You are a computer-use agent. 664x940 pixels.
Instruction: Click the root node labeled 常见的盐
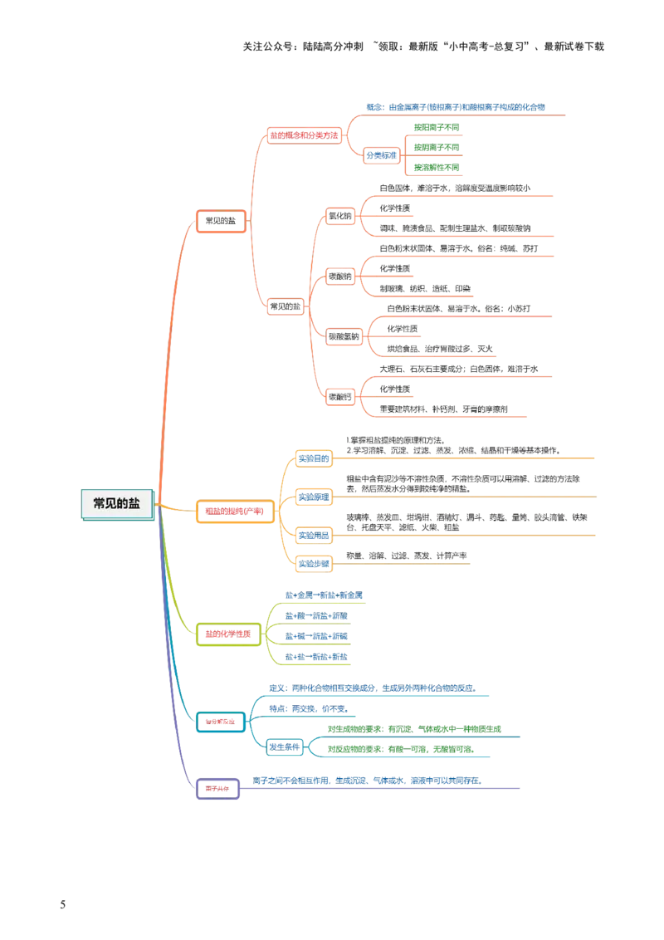pos(117,504)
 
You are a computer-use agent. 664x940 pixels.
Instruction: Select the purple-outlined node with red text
pos(218,790)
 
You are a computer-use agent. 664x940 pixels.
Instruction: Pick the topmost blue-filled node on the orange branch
pos(315,458)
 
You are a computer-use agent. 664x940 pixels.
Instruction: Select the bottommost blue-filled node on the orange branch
pos(315,565)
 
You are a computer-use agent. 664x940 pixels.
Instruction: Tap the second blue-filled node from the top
pos(315,497)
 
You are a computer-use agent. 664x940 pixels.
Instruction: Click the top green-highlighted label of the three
pos(437,127)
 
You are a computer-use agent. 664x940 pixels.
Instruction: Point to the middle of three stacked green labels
pos(437,147)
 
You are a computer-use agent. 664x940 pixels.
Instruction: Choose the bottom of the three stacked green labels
pos(437,167)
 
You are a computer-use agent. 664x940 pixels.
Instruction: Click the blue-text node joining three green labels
pos(381,154)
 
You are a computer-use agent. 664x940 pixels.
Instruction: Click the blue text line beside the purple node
pos(367,781)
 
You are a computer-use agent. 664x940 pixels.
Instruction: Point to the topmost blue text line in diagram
pos(457,107)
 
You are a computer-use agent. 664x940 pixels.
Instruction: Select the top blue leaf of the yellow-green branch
pos(323,595)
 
